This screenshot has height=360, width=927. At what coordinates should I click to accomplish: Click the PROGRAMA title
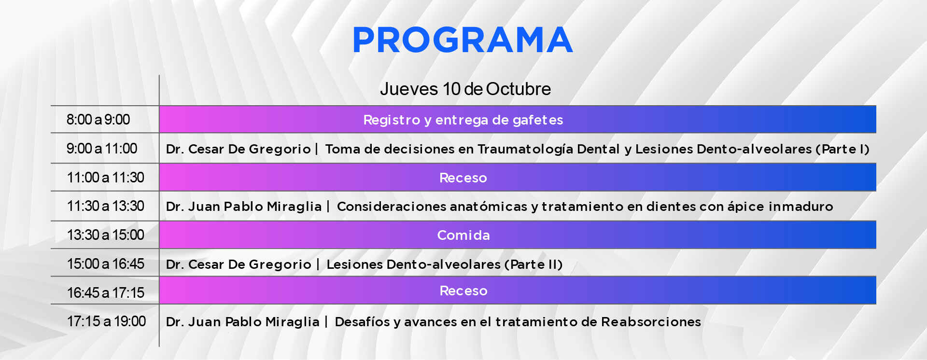[463, 40]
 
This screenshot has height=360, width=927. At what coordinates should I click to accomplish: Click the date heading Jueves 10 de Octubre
[465, 89]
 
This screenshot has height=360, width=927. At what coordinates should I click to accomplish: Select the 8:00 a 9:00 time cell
[98, 120]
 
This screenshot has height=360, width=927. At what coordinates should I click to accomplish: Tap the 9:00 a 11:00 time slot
[102, 149]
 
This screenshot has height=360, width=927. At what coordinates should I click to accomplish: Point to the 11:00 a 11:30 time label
[106, 178]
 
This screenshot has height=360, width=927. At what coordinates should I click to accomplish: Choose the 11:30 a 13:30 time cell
[106, 206]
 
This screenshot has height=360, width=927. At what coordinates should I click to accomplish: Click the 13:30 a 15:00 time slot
[106, 235]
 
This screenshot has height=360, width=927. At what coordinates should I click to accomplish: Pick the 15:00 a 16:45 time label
[106, 264]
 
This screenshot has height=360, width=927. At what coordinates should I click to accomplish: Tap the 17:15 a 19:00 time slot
[107, 321]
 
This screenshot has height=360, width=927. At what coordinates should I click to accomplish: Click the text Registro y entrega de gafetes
[463, 120]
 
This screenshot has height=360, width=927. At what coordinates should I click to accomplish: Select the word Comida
[463, 235]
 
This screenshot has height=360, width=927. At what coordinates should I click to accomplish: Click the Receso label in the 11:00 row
[463, 178]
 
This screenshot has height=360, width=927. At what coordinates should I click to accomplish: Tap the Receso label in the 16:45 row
[463, 291]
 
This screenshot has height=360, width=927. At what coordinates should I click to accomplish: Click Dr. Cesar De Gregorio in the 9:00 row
[239, 149]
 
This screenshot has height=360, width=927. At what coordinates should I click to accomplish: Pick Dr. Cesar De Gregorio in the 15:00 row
[239, 264]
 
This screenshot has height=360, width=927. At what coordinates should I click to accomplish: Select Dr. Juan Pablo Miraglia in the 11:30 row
[244, 207]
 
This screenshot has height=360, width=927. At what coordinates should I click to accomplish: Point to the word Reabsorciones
[651, 322]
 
